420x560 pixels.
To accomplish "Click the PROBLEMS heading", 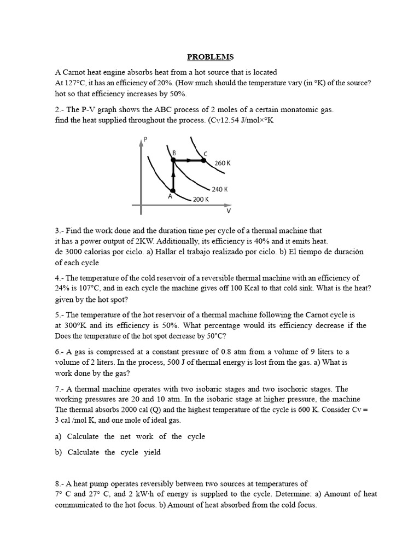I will pyautogui.click(x=211, y=57).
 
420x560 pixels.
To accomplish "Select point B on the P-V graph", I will pyautogui.click(x=173, y=160).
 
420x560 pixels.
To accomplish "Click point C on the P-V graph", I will pyautogui.click(x=203, y=160).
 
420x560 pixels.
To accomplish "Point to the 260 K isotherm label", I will pyautogui.click(x=223, y=163).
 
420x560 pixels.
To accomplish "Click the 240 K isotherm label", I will pyautogui.click(x=219, y=189).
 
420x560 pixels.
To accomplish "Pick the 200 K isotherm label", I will pyautogui.click(x=201, y=200).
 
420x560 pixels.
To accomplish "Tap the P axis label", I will pyautogui.click(x=144, y=139).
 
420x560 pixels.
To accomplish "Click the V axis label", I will pyautogui.click(x=229, y=211).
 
